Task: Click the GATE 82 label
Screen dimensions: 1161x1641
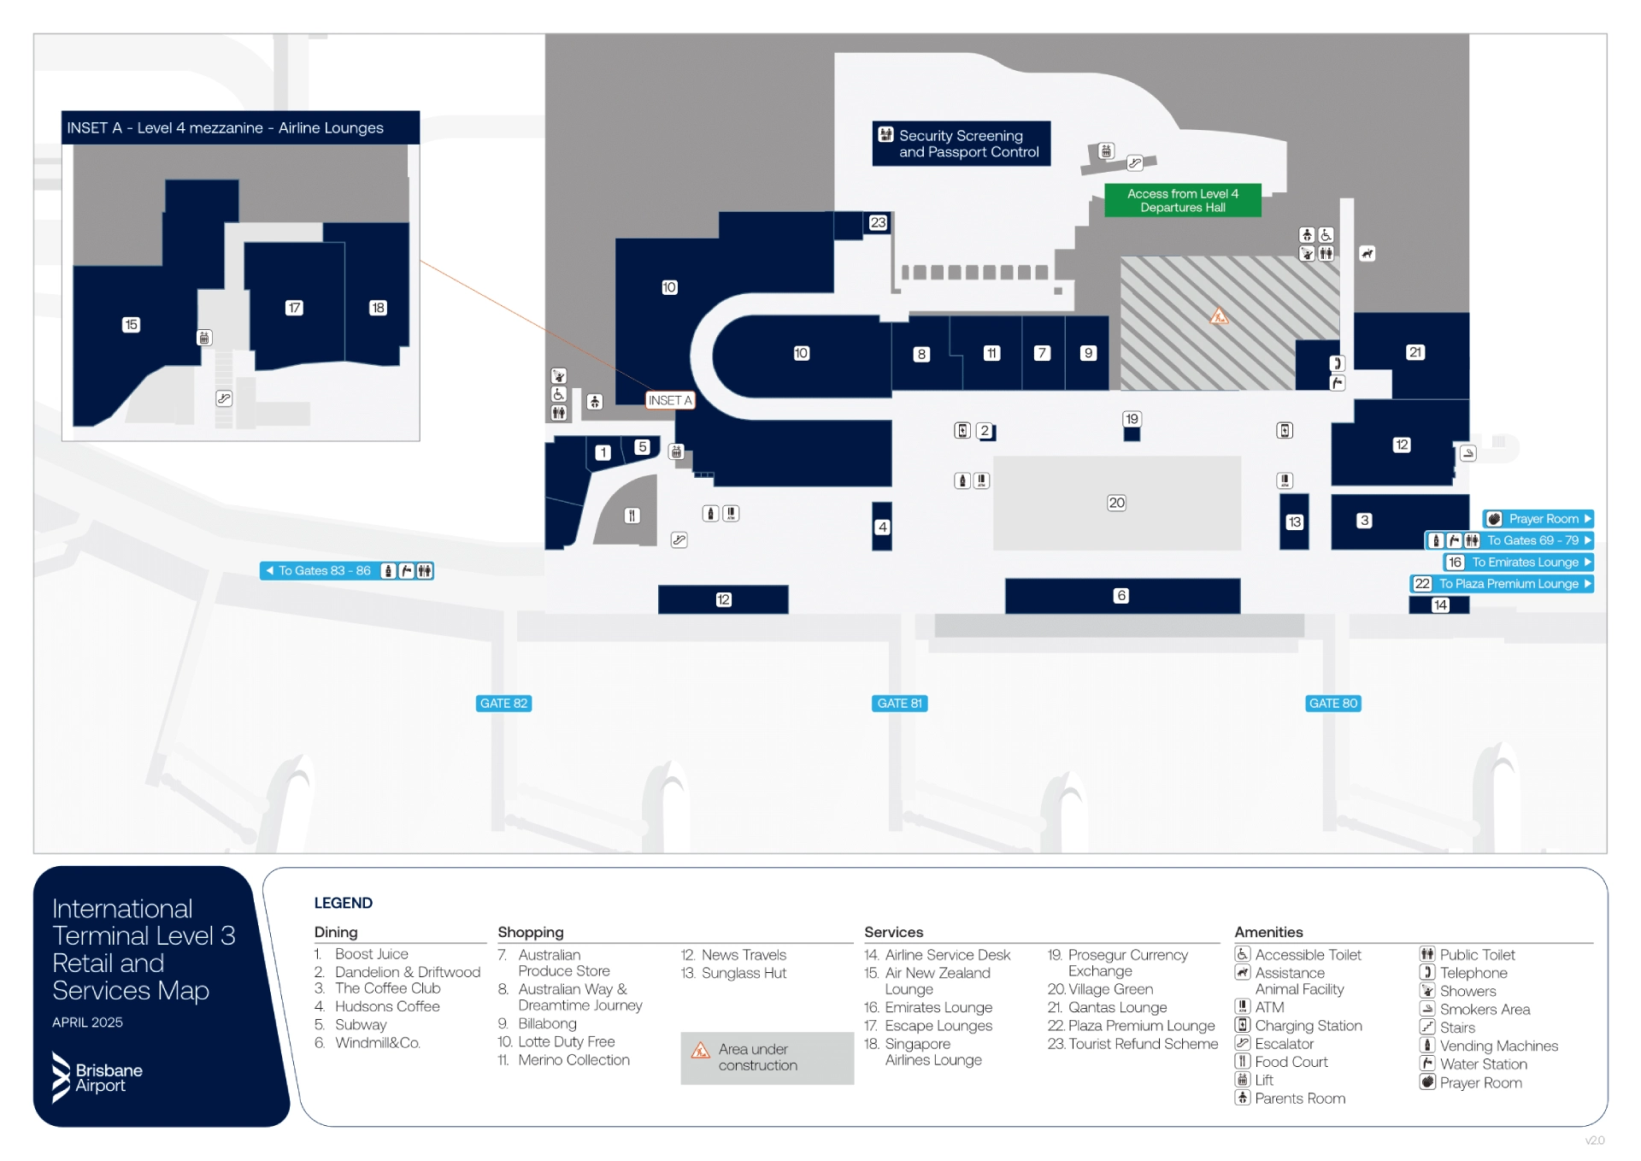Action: click(503, 704)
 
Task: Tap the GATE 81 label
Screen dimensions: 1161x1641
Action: click(900, 704)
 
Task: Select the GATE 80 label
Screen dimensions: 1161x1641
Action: click(1333, 704)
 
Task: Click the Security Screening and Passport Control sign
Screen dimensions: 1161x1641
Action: click(961, 144)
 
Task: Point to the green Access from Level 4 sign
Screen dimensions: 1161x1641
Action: click(1182, 201)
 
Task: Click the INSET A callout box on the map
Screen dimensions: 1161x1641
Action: click(669, 400)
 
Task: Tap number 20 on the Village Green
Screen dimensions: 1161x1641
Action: click(1116, 503)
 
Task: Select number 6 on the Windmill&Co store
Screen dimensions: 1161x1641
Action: click(1121, 596)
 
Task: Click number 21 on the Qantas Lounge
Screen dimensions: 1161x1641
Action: click(1415, 352)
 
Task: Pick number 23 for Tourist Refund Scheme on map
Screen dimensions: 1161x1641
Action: click(878, 222)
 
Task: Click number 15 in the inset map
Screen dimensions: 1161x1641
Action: click(131, 325)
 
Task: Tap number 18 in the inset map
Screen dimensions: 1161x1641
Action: click(378, 308)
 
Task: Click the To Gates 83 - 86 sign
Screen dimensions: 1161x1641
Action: click(346, 571)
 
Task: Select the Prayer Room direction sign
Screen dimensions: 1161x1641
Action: click(1538, 519)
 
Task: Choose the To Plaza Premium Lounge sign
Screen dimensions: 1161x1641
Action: click(1501, 584)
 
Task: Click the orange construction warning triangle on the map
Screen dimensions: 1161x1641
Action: click(1219, 316)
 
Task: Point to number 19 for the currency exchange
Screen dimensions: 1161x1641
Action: click(1132, 419)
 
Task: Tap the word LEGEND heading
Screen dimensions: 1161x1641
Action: click(343, 903)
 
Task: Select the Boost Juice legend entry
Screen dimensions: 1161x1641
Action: click(371, 954)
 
